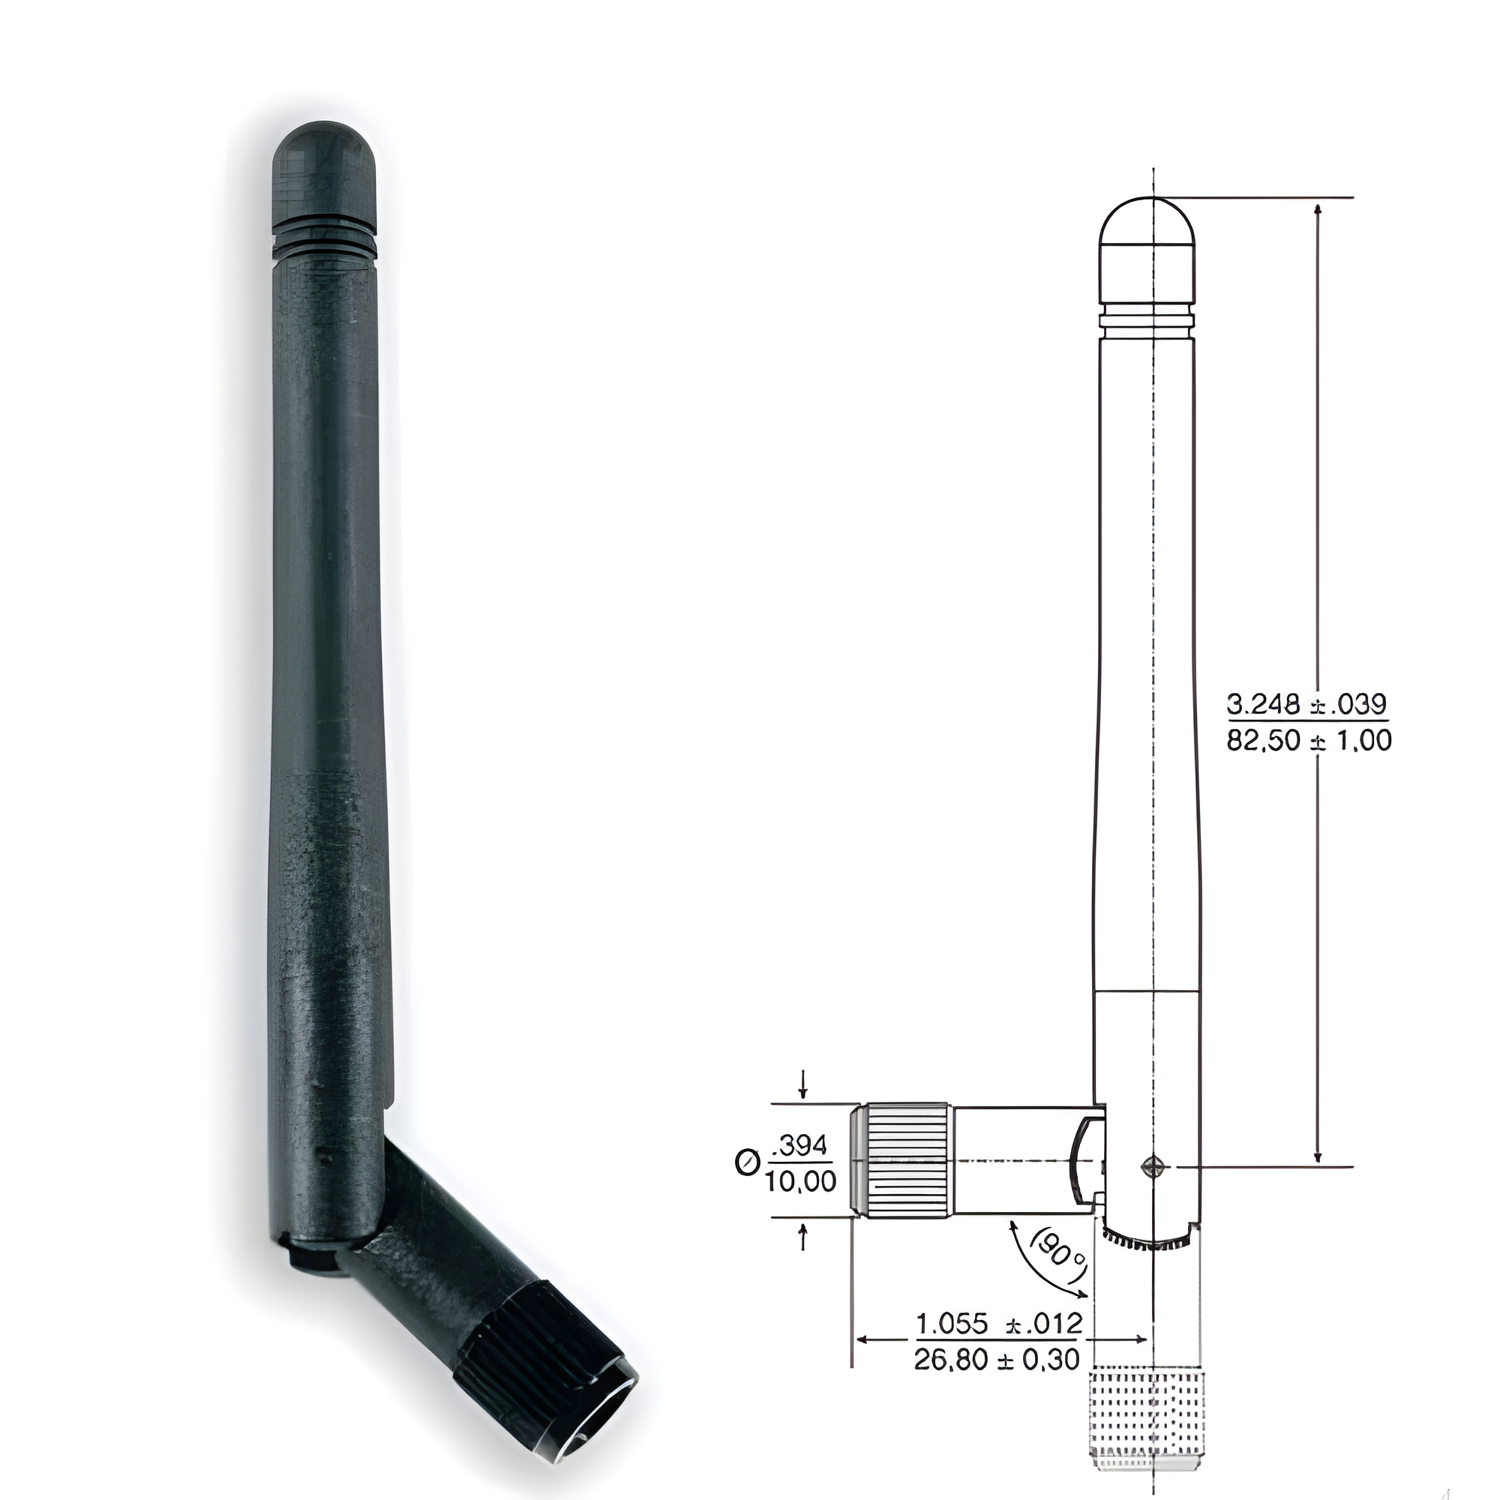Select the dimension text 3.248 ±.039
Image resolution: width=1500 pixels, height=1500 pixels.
pos(1306,704)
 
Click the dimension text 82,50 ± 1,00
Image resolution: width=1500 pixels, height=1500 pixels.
pos(1309,741)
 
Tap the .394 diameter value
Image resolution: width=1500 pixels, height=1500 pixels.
pos(801,1145)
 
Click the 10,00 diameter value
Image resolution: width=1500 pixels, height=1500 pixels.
pos(800,1182)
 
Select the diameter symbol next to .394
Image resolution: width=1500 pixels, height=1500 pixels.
pos(746,1163)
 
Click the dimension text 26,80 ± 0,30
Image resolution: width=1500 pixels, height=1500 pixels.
pos(997,1360)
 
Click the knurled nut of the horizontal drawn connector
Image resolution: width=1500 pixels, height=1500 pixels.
pos(907,1159)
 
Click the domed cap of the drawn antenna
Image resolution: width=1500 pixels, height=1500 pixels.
pos(1147,225)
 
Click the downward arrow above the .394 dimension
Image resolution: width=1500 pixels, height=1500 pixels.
pos(802,1085)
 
